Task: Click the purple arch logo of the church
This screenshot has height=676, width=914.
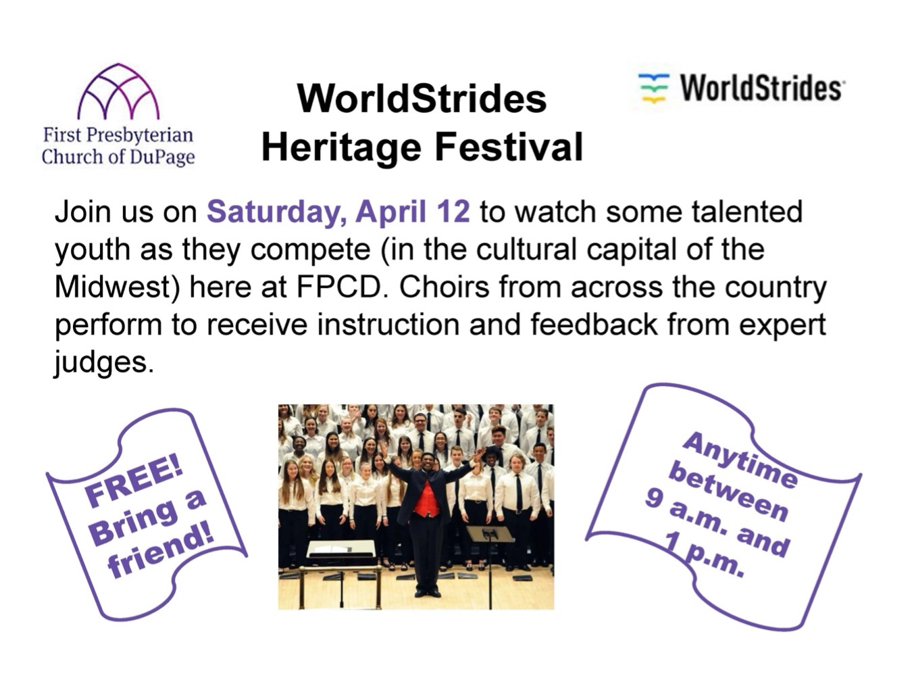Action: tap(118, 93)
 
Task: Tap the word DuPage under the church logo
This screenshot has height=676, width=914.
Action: tap(163, 158)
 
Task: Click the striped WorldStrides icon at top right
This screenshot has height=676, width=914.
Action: tap(653, 88)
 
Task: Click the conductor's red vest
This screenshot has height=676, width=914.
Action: tap(426, 498)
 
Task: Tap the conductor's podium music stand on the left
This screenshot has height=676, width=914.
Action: tap(341, 550)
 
